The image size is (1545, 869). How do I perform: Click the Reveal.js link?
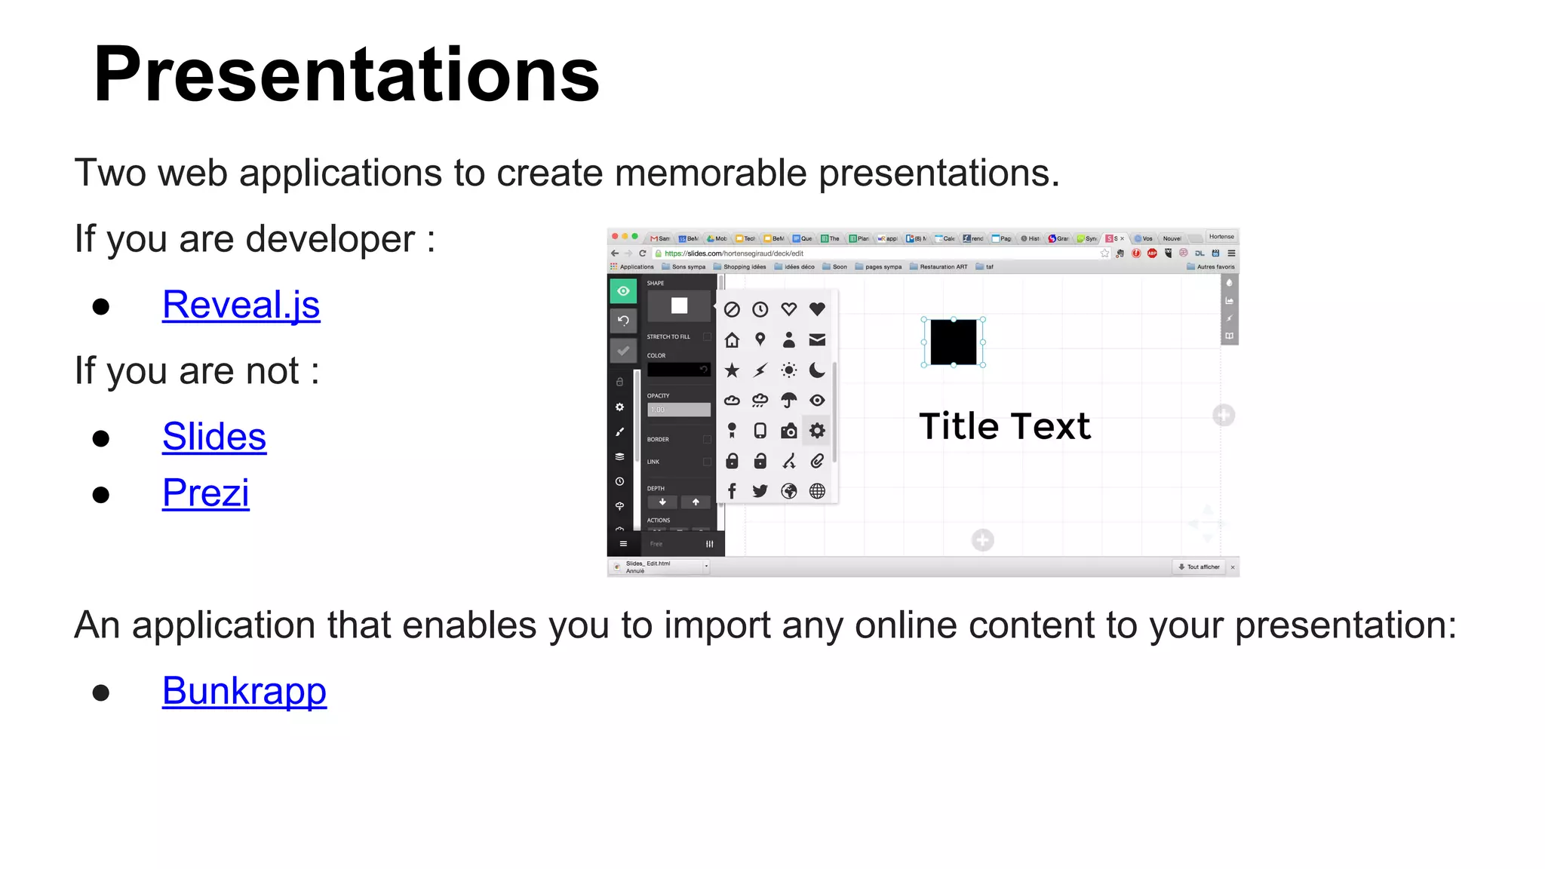pyautogui.click(x=241, y=305)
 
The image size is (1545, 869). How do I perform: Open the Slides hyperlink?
pyautogui.click(x=214, y=437)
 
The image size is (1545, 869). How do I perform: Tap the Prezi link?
pyautogui.click(x=205, y=493)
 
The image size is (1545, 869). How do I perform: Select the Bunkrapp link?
pyautogui.click(x=244, y=691)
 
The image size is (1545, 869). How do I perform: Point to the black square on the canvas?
pyautogui.click(x=953, y=342)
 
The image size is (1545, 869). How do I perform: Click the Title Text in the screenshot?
pyautogui.click(x=1004, y=426)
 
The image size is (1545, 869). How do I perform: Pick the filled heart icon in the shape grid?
pyautogui.click(x=817, y=309)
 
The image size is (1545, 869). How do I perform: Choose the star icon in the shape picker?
pyautogui.click(x=732, y=370)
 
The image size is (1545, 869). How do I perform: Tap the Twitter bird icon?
pyautogui.click(x=760, y=491)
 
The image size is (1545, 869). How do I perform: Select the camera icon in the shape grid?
pyautogui.click(x=788, y=431)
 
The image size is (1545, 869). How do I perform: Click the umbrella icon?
pyautogui.click(x=788, y=401)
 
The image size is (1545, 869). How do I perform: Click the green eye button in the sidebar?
pyautogui.click(x=623, y=291)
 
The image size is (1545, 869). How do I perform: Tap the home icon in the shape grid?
pyautogui.click(x=732, y=340)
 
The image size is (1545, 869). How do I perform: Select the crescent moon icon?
pyautogui.click(x=817, y=370)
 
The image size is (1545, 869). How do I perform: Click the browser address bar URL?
pyautogui.click(x=733, y=253)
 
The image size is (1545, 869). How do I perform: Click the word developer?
pyautogui.click(x=330, y=239)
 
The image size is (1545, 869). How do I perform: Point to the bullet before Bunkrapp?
pyautogui.click(x=101, y=692)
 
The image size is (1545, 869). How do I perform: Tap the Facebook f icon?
pyautogui.click(x=732, y=491)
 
